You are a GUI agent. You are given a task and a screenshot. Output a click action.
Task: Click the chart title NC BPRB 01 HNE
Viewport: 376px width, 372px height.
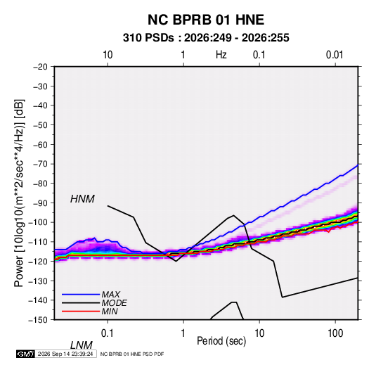point(206,20)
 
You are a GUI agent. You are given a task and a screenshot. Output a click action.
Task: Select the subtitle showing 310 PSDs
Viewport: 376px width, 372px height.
point(206,38)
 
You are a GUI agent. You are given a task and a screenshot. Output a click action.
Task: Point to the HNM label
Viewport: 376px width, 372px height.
point(82,199)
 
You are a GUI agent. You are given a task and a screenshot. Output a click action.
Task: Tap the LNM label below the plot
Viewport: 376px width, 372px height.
point(82,345)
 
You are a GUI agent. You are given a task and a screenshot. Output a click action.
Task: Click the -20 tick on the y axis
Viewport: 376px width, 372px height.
point(40,67)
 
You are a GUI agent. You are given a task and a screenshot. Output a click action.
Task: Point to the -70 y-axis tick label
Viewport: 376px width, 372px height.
point(40,164)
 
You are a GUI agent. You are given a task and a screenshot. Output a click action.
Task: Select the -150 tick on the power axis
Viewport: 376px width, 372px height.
point(38,320)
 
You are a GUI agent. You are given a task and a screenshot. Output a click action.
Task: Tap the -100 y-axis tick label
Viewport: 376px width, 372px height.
point(38,222)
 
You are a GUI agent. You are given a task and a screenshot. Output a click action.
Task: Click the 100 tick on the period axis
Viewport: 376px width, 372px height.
point(335,333)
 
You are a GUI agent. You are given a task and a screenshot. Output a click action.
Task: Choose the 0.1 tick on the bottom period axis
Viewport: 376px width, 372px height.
point(108,333)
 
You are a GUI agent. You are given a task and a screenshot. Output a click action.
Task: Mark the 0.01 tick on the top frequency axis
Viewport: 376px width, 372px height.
point(335,55)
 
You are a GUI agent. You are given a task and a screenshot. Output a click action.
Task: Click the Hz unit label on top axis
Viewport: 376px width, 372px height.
point(221,55)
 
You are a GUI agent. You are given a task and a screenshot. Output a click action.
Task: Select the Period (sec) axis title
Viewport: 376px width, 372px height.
point(221,341)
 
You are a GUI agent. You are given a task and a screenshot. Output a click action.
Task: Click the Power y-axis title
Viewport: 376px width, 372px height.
point(19,193)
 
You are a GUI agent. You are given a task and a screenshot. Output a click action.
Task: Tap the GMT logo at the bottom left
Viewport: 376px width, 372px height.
point(26,354)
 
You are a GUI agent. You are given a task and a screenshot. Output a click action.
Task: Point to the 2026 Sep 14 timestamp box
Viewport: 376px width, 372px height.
point(65,354)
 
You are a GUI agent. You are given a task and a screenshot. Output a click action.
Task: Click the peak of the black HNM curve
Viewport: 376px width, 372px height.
point(233,215)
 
